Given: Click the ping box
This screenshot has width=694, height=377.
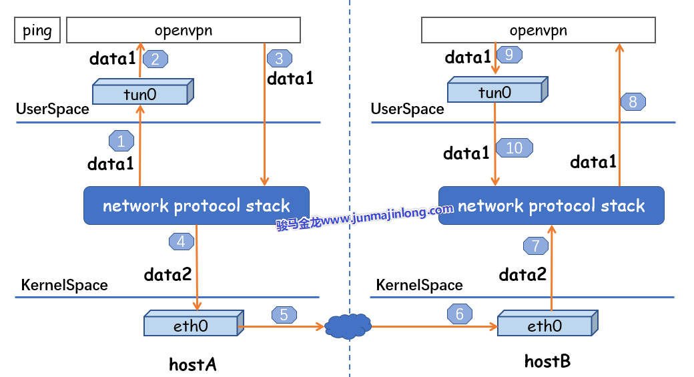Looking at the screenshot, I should (37, 31).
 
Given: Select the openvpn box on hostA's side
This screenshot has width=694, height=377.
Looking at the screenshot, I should (184, 31).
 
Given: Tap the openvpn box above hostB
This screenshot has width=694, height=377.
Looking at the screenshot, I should (538, 31).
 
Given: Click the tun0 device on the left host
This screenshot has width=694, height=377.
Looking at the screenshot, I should (141, 93).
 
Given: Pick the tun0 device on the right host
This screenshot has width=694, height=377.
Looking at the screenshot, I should (496, 91).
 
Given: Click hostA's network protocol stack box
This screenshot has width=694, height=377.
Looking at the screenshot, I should (196, 206).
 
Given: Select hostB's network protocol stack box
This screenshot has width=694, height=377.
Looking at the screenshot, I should (551, 206).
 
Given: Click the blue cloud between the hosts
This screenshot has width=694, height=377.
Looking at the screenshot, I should (348, 326).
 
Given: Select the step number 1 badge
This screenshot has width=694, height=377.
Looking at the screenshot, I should (121, 141).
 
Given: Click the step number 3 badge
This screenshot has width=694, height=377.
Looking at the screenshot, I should (279, 58).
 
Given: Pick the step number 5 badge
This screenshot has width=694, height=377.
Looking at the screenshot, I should (284, 314).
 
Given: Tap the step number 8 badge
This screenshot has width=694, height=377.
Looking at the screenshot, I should (633, 102).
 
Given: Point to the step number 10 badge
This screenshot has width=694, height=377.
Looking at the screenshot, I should (514, 147).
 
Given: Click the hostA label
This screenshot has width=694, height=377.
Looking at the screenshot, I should (193, 364).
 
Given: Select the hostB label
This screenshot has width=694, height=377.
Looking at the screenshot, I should (547, 362).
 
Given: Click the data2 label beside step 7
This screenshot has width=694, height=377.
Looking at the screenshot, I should (523, 274).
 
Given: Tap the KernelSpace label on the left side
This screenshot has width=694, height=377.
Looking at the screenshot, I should (65, 285).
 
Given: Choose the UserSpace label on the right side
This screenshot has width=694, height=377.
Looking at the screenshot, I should (407, 109).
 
